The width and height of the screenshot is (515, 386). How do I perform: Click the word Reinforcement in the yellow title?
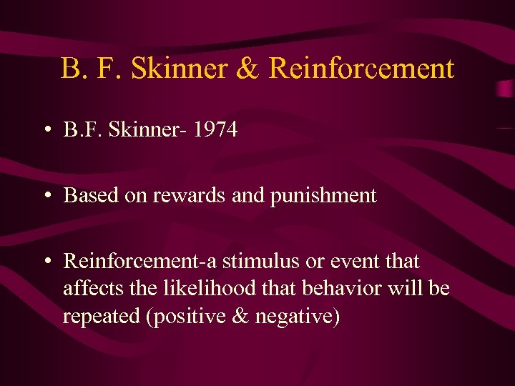point(361,69)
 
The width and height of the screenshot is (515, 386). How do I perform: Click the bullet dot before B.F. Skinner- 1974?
point(46,131)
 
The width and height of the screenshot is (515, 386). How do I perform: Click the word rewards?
point(188,195)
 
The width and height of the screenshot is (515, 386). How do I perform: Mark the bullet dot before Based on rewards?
point(46,196)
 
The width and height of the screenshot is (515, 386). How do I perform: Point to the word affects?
point(86,288)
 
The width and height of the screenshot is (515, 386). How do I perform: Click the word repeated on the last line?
point(101,316)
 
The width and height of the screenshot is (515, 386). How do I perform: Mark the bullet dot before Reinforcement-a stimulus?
point(46,262)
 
